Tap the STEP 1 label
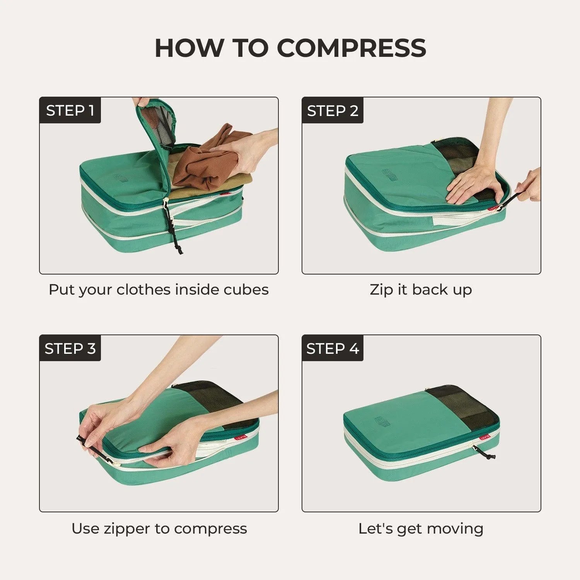coord(70,111)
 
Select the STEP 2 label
coord(333,111)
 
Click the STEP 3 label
coord(70,348)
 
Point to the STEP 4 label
coord(333,348)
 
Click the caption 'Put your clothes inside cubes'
coord(159,290)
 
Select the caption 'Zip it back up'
coord(421,290)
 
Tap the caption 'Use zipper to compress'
coord(159,528)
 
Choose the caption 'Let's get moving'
coord(421,528)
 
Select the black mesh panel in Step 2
coord(456,159)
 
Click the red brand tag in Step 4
coord(484,437)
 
